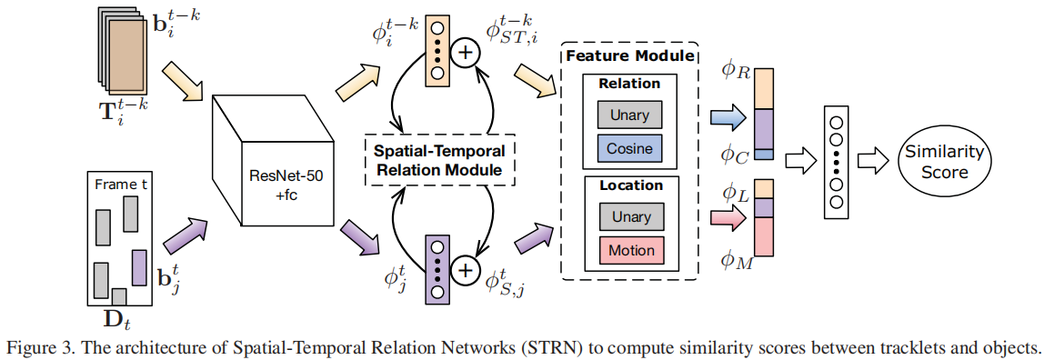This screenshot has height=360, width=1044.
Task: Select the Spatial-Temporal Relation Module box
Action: [x=439, y=160]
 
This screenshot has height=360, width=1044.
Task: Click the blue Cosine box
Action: [x=630, y=147]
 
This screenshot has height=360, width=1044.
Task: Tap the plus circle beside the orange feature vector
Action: [x=466, y=53]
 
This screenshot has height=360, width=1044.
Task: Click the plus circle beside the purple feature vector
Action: [x=466, y=270]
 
